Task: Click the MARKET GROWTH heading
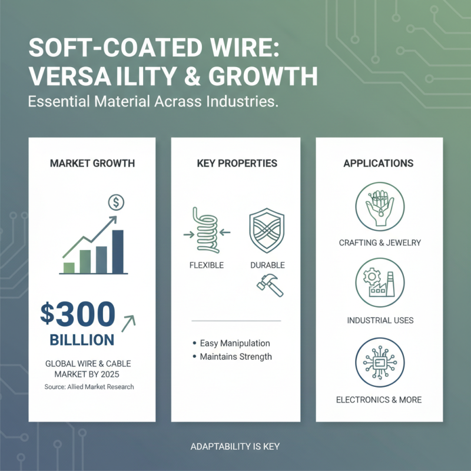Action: click(92, 163)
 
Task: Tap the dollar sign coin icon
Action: click(116, 203)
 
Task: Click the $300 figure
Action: click(78, 314)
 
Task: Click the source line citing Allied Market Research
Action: click(89, 387)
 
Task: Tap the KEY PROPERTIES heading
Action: click(237, 163)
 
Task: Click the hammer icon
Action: click(270, 286)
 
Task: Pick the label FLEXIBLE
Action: click(207, 266)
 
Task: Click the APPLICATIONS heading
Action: click(379, 163)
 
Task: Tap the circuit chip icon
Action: click(380, 361)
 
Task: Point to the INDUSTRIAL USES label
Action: click(380, 321)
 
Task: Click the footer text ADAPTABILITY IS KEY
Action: click(235, 447)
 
